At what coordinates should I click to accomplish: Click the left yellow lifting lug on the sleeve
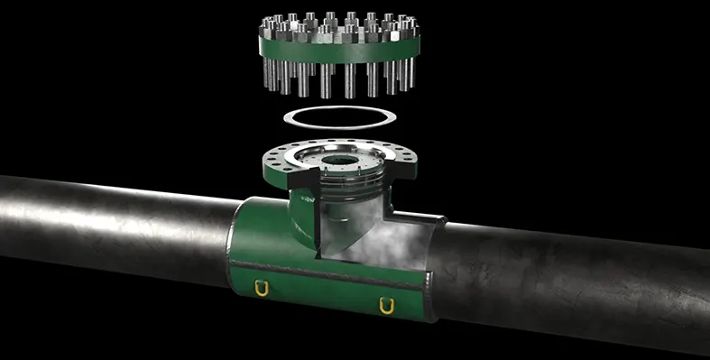click(x=263, y=289)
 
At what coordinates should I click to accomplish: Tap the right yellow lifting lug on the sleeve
click(x=387, y=306)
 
